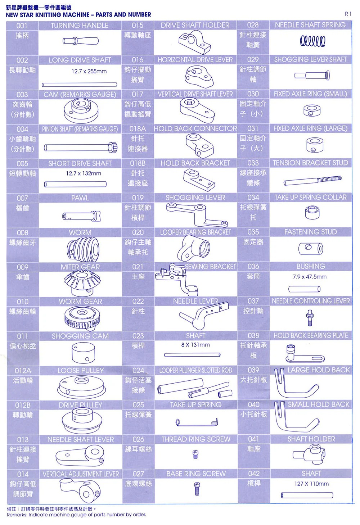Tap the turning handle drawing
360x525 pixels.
tap(80, 41)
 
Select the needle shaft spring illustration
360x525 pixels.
tap(312, 41)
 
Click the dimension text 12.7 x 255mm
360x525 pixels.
tap(89, 71)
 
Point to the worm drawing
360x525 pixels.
tap(83, 249)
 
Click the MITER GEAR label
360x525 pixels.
tap(80, 267)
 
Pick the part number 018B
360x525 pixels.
tap(138, 163)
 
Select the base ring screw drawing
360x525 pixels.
tap(197, 488)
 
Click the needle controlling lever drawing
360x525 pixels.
tap(310, 318)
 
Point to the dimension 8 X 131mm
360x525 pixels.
tap(195, 345)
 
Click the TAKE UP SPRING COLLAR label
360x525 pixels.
tap(311, 197)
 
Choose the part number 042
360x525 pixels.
tap(253, 474)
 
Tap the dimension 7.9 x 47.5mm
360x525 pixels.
tap(310, 277)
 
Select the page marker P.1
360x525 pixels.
tap(348, 14)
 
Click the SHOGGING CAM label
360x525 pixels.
tap(80, 336)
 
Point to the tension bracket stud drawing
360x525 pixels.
tap(312, 181)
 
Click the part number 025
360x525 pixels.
tap(138, 405)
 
